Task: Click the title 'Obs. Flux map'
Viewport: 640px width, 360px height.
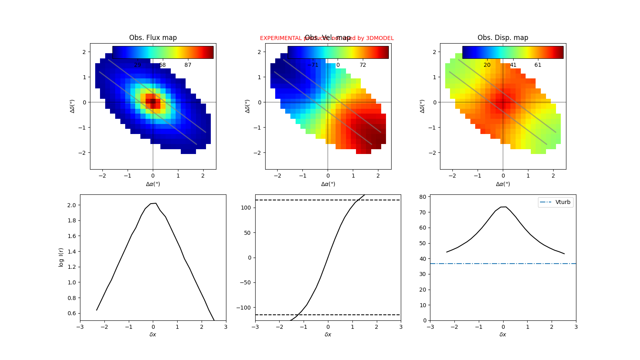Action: pos(153,38)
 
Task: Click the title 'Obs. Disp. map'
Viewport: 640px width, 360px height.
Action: pos(503,38)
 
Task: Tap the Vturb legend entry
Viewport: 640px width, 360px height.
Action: pos(562,202)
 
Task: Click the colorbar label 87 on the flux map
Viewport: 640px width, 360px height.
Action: pos(188,65)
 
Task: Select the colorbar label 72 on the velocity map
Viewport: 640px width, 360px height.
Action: pos(363,65)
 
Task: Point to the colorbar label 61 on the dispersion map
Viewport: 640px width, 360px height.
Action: pos(538,65)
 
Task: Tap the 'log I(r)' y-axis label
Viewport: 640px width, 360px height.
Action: pos(61,257)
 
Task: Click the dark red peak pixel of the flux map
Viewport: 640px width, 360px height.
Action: pos(153,102)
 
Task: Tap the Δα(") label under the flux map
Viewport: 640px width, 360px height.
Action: pos(153,184)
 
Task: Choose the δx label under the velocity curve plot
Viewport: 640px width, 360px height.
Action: pos(328,334)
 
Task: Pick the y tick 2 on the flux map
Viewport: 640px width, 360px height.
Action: pos(84,52)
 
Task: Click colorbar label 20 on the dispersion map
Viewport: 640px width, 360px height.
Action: pos(487,65)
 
